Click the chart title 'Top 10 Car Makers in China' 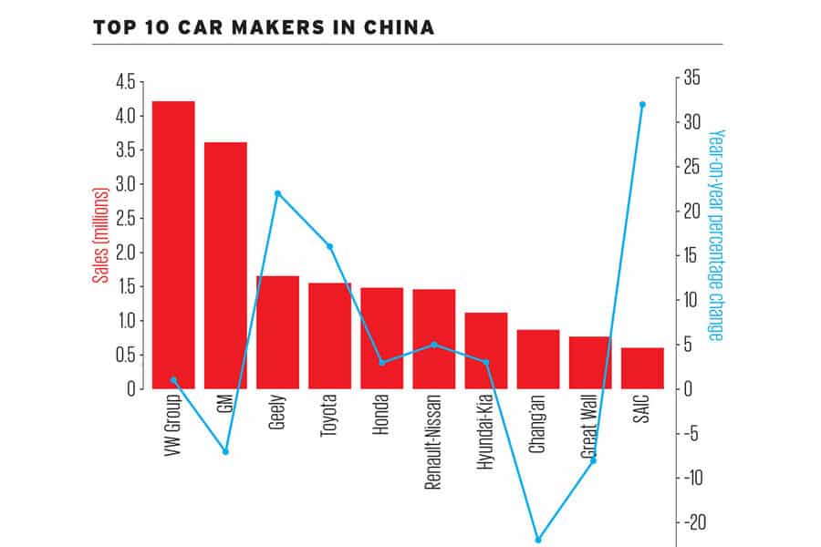pos(264,27)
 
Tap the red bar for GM pos(225,264)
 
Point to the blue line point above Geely pos(277,193)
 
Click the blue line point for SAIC pos(642,104)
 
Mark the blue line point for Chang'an pos(538,540)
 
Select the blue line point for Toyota pos(329,246)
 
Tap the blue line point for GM pos(225,451)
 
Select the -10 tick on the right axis pos(692,478)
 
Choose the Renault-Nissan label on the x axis pos(434,441)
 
